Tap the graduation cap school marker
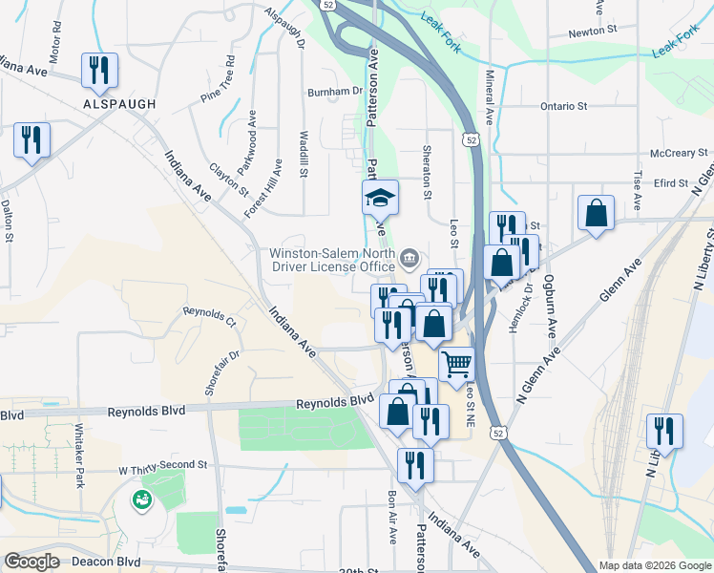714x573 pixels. tap(380, 199)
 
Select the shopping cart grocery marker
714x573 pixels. tap(456, 363)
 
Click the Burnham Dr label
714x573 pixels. tap(335, 92)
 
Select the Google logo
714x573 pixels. tap(31, 562)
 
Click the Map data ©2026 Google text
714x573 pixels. tap(655, 565)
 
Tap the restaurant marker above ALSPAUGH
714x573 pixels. tap(99, 69)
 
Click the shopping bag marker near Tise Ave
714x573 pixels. tap(596, 213)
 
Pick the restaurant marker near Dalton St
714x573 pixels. tap(31, 140)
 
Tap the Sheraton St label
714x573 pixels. tap(428, 172)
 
